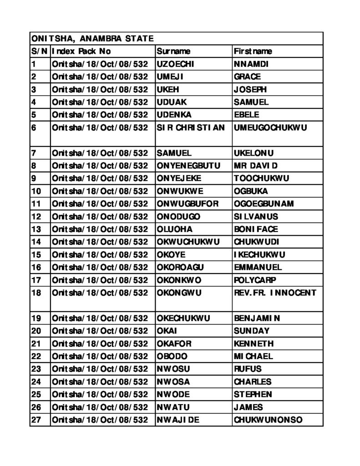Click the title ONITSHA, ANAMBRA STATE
[x=92, y=39]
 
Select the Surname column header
[x=173, y=51]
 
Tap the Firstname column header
[x=253, y=51]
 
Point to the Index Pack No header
[x=81, y=51]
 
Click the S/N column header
[x=40, y=51]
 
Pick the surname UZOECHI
[x=175, y=64]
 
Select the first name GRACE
[x=248, y=77]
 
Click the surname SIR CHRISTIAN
[x=191, y=128]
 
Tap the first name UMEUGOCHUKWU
[x=270, y=128]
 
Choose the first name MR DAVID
[x=255, y=166]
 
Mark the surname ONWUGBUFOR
[x=188, y=204]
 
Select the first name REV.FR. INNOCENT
[x=275, y=293]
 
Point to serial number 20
[x=36, y=331]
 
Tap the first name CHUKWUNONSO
[x=268, y=420]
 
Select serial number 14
[x=36, y=242]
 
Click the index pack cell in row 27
[x=100, y=420]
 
